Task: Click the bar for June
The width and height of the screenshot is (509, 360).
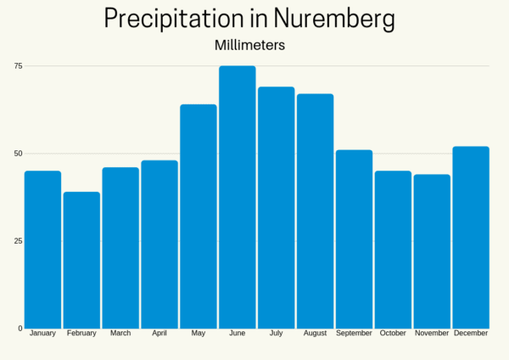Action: pos(237,197)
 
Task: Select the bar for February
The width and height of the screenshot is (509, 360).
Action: pos(81,260)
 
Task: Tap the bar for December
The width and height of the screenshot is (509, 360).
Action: pos(471,237)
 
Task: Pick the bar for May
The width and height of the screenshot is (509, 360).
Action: pos(198,217)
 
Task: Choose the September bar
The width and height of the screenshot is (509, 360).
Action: pos(354,239)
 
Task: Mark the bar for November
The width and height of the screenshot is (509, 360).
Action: pos(432,251)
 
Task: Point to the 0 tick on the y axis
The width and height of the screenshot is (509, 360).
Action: pos(20,329)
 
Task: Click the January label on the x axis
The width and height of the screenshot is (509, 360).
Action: pos(42,334)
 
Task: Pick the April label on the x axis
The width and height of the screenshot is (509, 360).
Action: pos(159,334)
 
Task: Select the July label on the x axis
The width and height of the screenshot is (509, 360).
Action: pos(276,334)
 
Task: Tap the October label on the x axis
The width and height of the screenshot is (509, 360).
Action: pos(393,334)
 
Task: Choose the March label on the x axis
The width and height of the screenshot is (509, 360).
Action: pos(120,334)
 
